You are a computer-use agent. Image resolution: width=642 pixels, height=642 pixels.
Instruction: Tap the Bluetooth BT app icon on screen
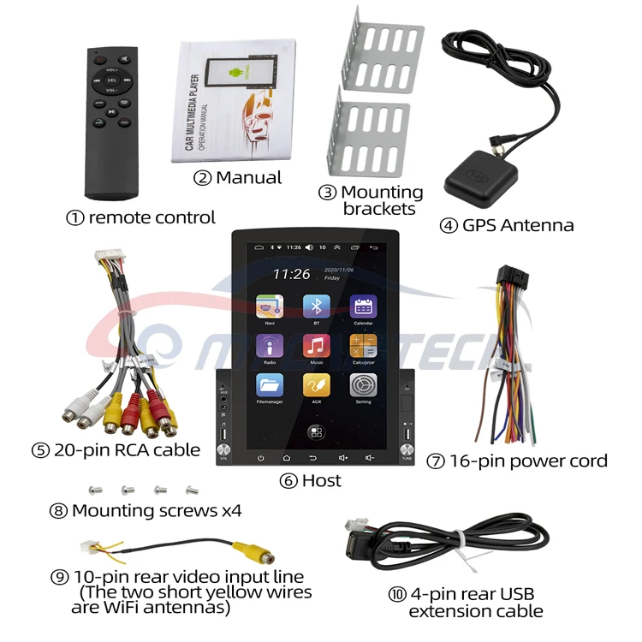[x=316, y=306]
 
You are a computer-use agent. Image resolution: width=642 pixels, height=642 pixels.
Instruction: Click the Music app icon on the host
[x=316, y=345]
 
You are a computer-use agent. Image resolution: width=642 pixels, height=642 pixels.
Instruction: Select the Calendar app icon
[x=363, y=306]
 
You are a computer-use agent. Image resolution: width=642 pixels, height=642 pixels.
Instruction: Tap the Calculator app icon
[x=363, y=345]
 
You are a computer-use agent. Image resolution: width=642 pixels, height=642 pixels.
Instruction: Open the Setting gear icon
[x=363, y=384]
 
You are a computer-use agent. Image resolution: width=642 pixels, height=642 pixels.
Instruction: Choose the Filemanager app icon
[x=270, y=384]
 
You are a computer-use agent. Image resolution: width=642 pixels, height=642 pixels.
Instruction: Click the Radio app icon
[x=270, y=345]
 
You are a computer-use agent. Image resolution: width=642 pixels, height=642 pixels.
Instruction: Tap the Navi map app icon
[x=270, y=306]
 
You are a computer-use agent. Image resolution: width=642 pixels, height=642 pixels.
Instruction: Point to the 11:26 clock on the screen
[x=292, y=274]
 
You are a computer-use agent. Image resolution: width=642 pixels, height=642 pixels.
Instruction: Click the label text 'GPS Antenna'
[x=517, y=226]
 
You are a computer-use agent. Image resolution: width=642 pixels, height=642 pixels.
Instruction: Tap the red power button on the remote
[x=98, y=61]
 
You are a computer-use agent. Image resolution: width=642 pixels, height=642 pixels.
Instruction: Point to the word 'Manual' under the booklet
[x=248, y=178]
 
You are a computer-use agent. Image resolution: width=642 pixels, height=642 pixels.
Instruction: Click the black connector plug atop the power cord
[x=511, y=279]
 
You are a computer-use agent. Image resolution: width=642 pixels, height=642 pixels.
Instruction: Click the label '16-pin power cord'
[x=528, y=461]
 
